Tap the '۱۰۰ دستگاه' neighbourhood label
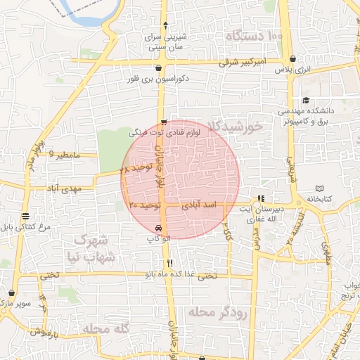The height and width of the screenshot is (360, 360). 254,34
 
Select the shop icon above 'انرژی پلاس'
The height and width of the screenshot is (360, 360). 302,58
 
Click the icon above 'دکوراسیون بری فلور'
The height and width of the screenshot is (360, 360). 160,69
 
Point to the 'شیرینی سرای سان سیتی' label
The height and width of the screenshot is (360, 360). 166,43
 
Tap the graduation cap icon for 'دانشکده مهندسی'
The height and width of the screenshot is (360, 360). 306,101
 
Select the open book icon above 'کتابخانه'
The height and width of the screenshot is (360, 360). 319,188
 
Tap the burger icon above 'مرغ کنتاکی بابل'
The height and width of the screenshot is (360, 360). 25,216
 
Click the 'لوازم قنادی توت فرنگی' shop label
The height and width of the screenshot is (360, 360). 166,131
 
